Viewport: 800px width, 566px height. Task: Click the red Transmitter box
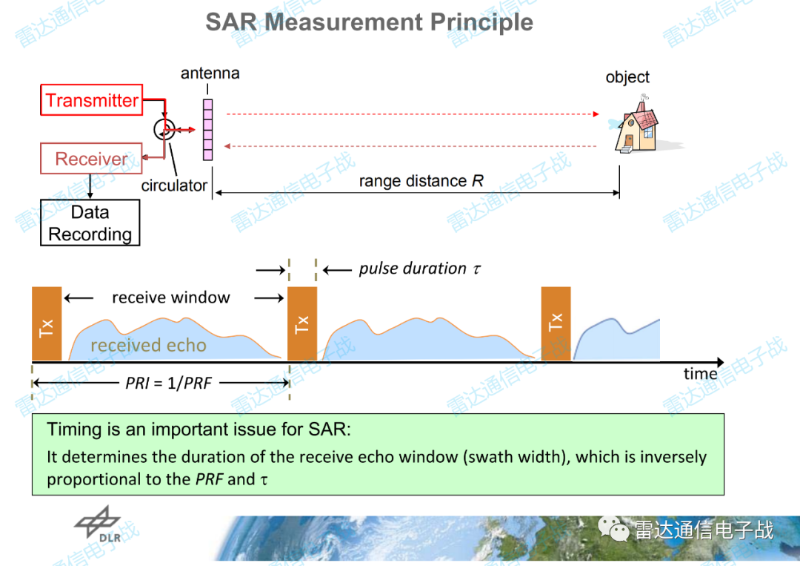[x=91, y=99]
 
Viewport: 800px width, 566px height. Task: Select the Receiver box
[x=91, y=158]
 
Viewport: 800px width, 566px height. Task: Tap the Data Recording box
[x=90, y=223]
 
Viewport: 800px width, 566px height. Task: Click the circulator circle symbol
[x=164, y=129]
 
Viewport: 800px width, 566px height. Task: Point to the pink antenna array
[x=207, y=130]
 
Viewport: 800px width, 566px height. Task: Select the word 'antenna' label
[x=210, y=73]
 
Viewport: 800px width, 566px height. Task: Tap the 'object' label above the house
[x=627, y=77]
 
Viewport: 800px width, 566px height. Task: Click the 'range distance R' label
[x=421, y=181]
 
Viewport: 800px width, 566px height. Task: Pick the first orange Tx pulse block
[x=47, y=324]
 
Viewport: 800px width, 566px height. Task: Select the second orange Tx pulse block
[x=302, y=324]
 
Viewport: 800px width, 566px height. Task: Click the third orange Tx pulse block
[x=556, y=324]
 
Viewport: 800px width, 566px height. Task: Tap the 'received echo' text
[x=148, y=346]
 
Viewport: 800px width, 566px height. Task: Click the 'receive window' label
[x=171, y=297]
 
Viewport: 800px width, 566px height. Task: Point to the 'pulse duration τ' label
[x=419, y=269]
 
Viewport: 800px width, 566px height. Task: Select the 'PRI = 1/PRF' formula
[x=168, y=383]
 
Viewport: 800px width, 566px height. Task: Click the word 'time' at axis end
[x=700, y=374]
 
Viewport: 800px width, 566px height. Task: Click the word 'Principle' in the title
[x=481, y=22]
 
